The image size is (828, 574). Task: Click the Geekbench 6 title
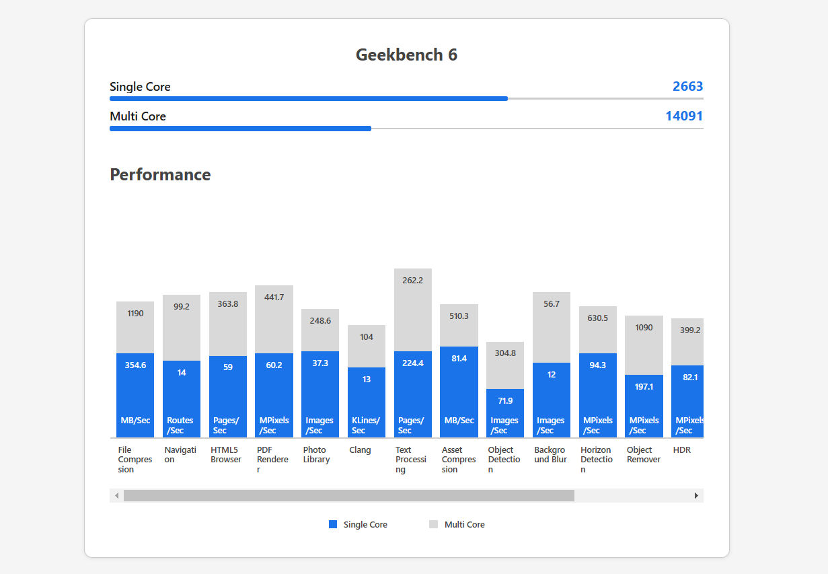pyautogui.click(x=406, y=55)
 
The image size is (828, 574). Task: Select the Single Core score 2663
pyautogui.click(x=687, y=86)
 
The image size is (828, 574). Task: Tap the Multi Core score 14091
pyautogui.click(x=684, y=116)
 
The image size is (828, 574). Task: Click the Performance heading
pyautogui.click(x=160, y=174)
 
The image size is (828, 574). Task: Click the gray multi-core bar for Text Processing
pyautogui.click(x=413, y=310)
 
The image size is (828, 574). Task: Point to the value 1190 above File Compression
pyautogui.click(x=135, y=313)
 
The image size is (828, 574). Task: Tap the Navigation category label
pyautogui.click(x=180, y=454)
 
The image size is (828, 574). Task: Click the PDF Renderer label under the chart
pyautogui.click(x=272, y=459)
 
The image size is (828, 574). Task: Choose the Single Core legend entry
pyautogui.click(x=359, y=524)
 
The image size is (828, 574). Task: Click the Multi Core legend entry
pyautogui.click(x=457, y=524)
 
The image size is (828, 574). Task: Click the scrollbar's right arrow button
pyautogui.click(x=696, y=496)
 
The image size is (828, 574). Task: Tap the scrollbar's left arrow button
pyautogui.click(x=117, y=496)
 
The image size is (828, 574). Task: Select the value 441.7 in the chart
pyautogui.click(x=274, y=297)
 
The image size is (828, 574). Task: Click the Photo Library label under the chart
pyautogui.click(x=316, y=454)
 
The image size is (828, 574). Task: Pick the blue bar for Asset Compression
pyautogui.click(x=459, y=390)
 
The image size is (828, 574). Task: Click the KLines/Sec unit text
pyautogui.click(x=366, y=425)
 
